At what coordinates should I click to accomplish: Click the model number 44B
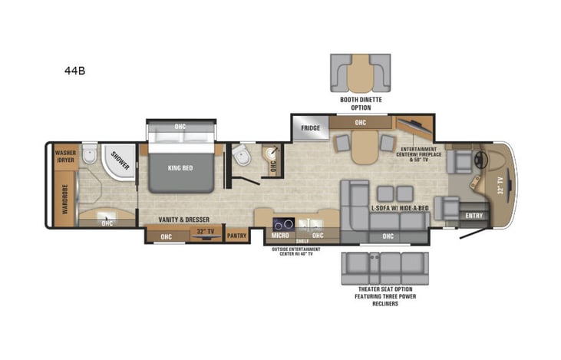(x=74, y=71)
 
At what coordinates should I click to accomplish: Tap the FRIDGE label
(x=310, y=128)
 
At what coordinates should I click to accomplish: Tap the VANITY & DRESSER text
(x=180, y=220)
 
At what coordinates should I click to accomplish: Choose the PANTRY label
(x=237, y=236)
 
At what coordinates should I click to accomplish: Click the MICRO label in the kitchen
(x=280, y=236)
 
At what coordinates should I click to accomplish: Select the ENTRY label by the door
(x=474, y=216)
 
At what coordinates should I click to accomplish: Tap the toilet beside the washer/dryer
(x=91, y=158)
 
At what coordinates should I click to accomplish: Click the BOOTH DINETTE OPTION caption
(x=361, y=104)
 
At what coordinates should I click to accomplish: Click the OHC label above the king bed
(x=180, y=127)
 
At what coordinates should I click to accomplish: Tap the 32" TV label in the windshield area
(x=500, y=186)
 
